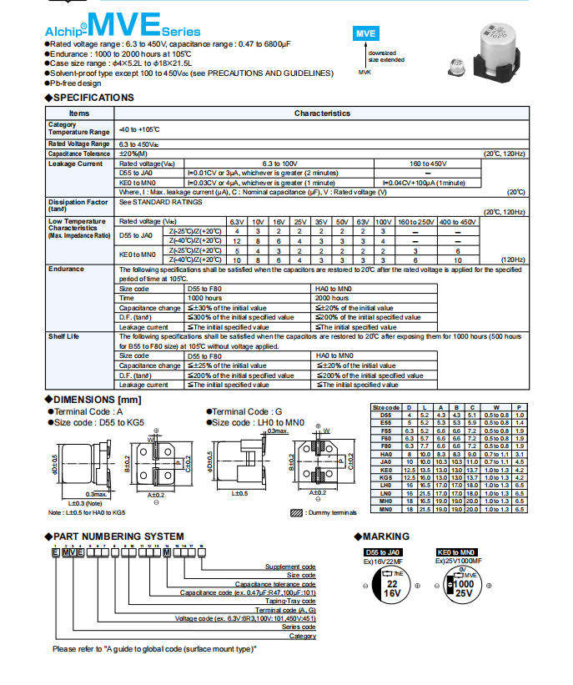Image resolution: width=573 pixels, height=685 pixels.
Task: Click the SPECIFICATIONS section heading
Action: coord(92,98)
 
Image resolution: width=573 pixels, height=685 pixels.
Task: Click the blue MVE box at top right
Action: coord(365,34)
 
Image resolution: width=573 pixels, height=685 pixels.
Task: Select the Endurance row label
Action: coord(66,269)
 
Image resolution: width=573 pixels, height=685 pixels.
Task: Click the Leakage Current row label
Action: coord(75,164)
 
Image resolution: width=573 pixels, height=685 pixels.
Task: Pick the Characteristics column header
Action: coord(322,113)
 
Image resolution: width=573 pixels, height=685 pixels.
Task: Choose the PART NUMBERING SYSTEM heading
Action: coord(118,536)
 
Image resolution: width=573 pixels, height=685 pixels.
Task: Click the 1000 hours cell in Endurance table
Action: coord(204,298)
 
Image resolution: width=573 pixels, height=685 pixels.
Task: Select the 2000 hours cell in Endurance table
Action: coord(332,298)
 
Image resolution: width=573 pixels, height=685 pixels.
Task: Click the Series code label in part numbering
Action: coord(298,627)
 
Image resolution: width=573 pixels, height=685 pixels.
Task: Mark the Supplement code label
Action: coord(290,567)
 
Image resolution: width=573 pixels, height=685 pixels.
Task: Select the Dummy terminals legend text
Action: coord(332,511)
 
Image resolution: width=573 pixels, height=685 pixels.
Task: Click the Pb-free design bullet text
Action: coord(77,83)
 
